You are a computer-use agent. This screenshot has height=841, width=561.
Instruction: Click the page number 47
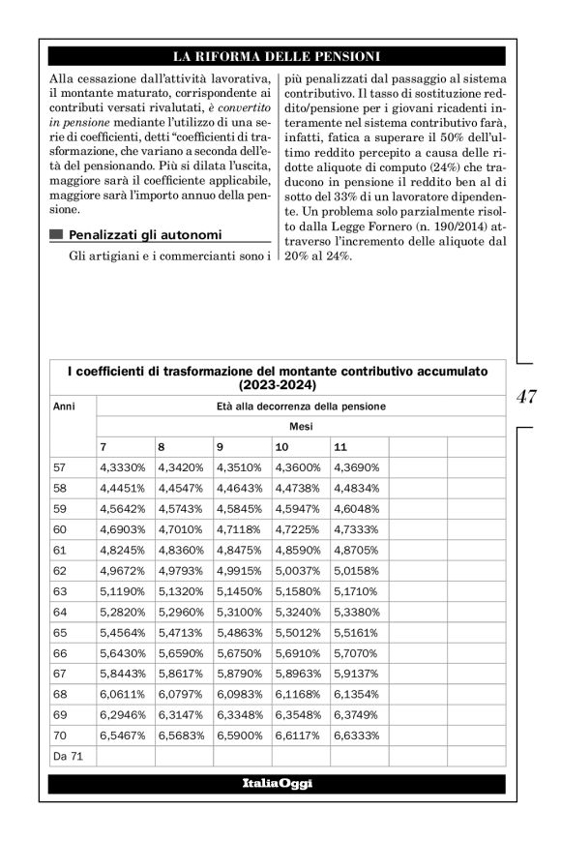coord(526,396)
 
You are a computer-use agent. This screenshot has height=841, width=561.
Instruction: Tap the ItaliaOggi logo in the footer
coord(277,782)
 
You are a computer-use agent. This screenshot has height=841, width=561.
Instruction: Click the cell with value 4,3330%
coord(122,467)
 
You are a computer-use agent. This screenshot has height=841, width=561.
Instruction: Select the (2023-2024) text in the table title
coord(277,384)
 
